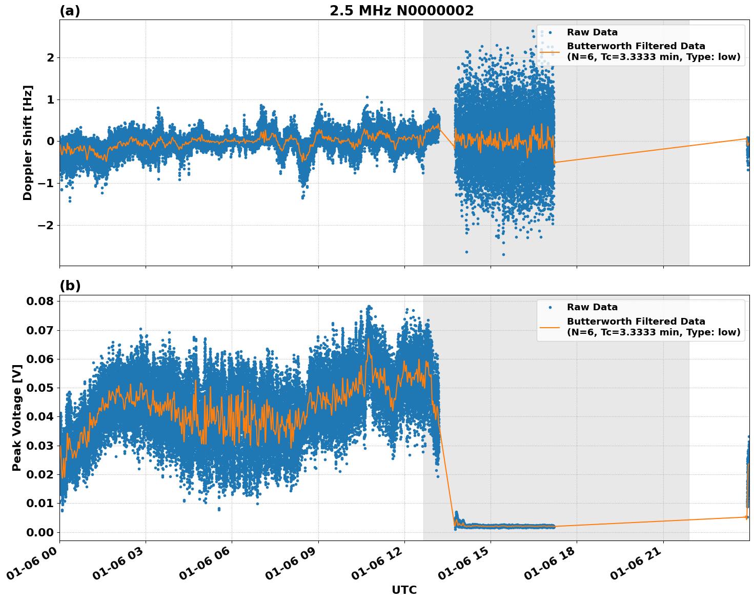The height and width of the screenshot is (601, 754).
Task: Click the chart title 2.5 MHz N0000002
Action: [x=401, y=11]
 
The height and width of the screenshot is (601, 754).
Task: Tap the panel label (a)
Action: [x=70, y=11]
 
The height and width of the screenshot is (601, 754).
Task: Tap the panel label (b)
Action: [x=70, y=286]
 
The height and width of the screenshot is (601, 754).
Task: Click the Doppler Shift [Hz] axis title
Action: [x=28, y=143]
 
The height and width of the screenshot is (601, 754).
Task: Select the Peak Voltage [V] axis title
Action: [x=17, y=417]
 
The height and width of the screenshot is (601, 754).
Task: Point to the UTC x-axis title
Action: [x=404, y=590]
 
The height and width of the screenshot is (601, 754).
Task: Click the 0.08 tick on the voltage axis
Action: [x=39, y=301]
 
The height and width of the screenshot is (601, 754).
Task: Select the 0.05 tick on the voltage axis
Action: [x=39, y=388]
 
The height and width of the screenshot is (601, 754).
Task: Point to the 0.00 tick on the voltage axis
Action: [x=39, y=532]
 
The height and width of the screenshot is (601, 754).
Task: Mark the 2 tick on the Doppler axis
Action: [x=50, y=57]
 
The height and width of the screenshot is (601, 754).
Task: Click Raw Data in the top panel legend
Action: [x=592, y=32]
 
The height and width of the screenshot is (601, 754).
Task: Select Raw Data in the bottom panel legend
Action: [x=592, y=307]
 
